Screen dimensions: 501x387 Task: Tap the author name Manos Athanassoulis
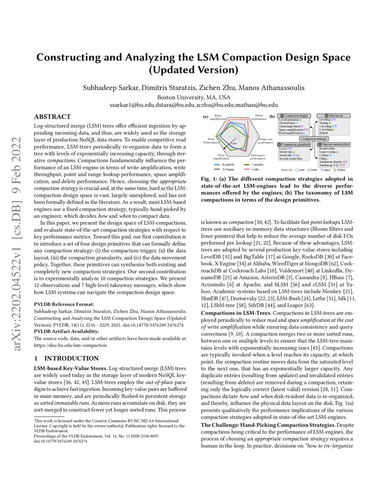tap(273, 87)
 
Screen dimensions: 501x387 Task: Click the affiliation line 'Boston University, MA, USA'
tap(193, 97)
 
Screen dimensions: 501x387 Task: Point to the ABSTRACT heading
tap(52, 117)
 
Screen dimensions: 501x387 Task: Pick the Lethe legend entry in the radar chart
tap(255, 169)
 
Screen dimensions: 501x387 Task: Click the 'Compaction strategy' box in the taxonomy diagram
tap(314, 138)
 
